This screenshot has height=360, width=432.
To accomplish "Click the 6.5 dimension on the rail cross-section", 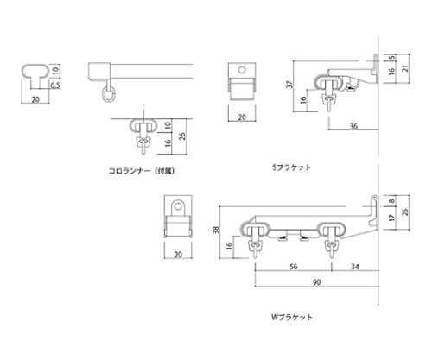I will [x=54, y=86].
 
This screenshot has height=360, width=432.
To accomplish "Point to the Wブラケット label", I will [x=293, y=317].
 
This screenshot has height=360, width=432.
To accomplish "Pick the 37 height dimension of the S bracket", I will [x=292, y=86].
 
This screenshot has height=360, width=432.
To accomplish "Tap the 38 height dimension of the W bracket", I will [x=215, y=231].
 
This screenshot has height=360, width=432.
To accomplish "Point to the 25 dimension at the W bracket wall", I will [x=417, y=212].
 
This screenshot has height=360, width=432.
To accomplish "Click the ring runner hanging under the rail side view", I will [x=108, y=93].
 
